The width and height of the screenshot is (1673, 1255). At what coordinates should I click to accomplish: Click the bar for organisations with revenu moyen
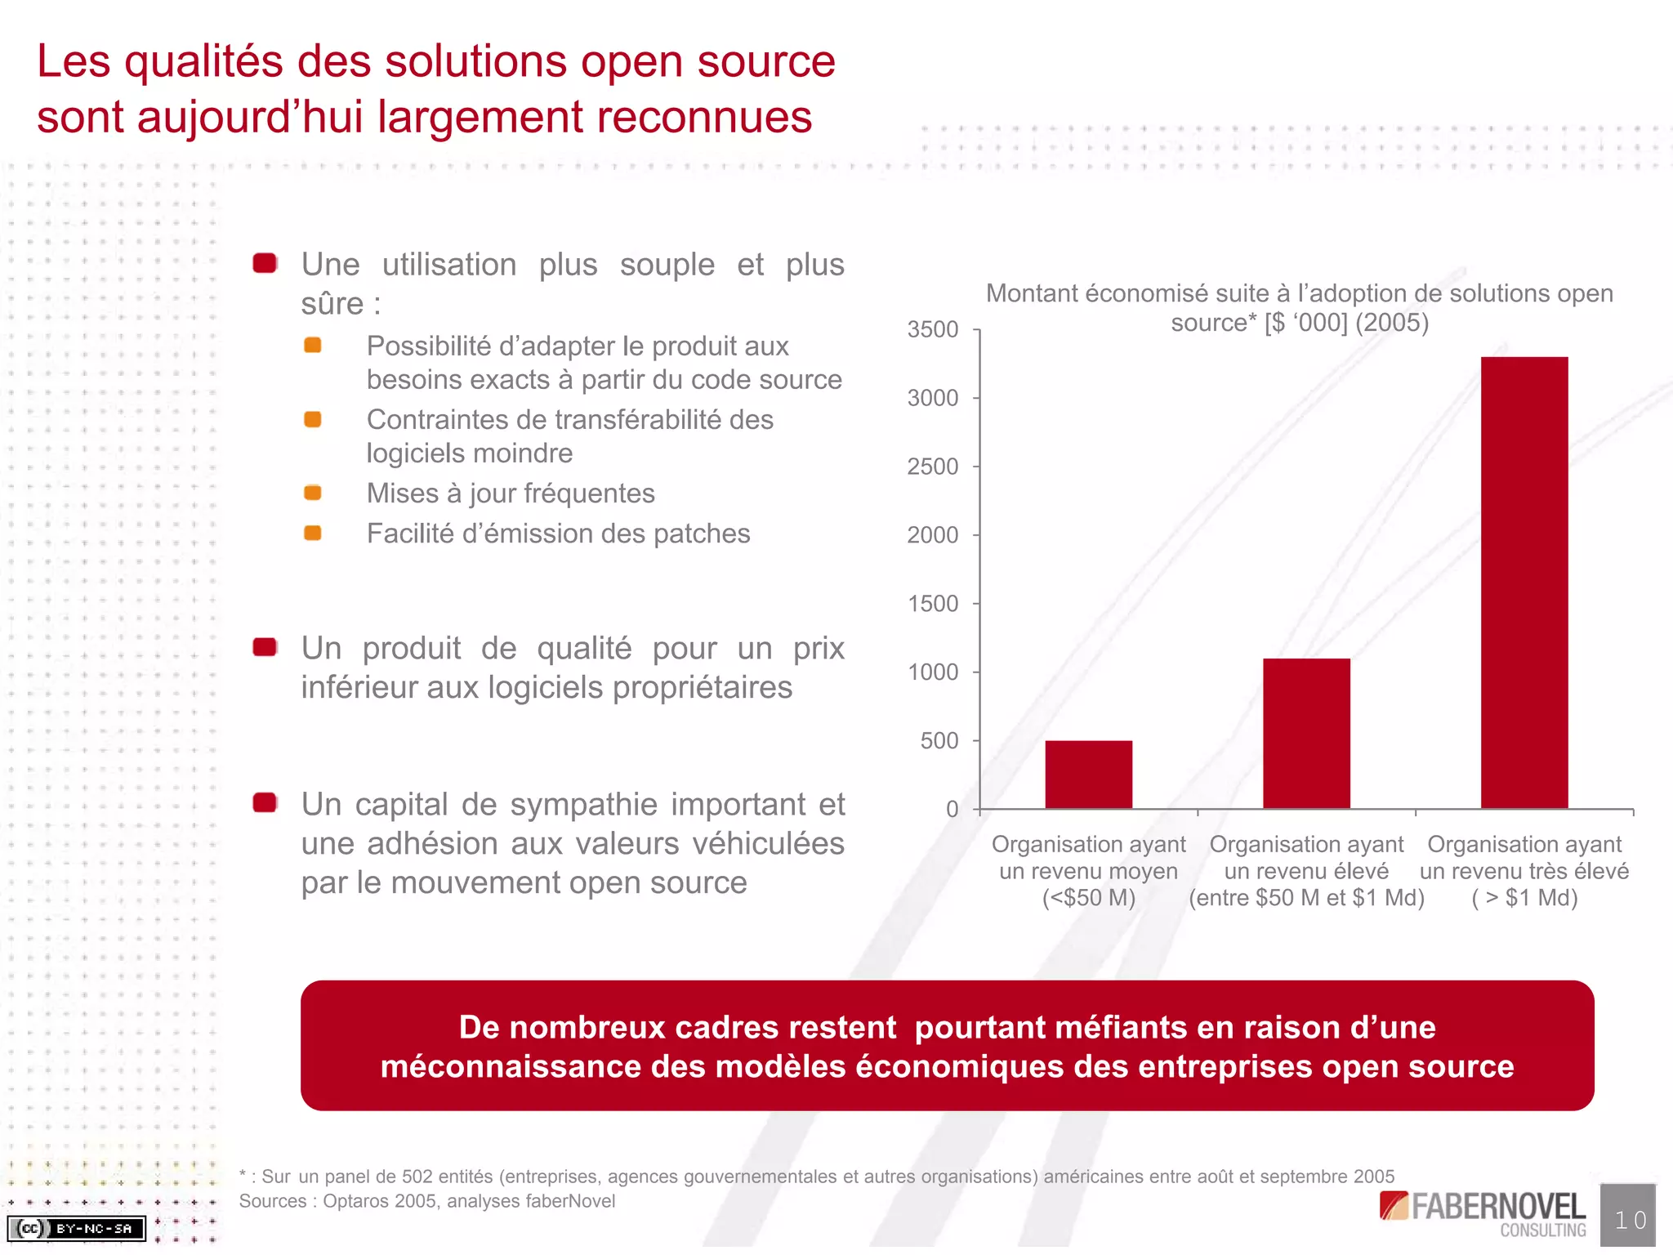[x=1088, y=774]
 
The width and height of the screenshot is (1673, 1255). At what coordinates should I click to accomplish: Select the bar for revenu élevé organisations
[x=1306, y=733]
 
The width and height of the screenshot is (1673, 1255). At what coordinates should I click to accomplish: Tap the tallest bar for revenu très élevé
[x=1524, y=582]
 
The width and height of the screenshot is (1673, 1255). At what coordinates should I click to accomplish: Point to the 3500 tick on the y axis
[x=933, y=330]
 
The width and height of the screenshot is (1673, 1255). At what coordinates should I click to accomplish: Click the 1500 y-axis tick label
[x=933, y=604]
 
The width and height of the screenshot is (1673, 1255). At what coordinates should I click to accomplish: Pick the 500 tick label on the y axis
[x=939, y=741]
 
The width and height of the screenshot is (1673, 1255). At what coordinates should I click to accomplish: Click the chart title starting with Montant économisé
[x=1299, y=308]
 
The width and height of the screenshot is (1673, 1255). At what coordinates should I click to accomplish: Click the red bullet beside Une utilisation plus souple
[x=265, y=263]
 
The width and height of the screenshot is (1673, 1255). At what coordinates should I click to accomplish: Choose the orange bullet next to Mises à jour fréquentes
[x=312, y=493]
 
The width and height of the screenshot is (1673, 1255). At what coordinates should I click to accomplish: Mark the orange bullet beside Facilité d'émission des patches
[x=312, y=534]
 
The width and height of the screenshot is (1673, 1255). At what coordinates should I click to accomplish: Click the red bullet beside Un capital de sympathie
[x=265, y=803]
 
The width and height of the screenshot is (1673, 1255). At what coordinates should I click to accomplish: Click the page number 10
[x=1629, y=1221]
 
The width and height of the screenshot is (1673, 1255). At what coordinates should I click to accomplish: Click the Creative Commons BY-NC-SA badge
[x=77, y=1228]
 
